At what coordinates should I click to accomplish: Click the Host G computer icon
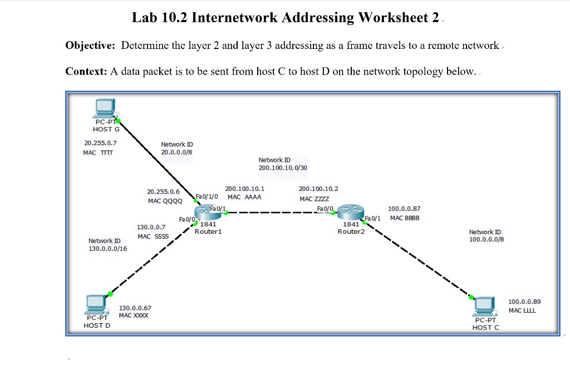104,108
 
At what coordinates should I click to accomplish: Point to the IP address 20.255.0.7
100,143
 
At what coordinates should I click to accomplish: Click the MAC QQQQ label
164,201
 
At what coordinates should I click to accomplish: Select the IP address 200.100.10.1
244,189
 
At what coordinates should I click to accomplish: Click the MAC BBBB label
405,218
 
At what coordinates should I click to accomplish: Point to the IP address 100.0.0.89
524,302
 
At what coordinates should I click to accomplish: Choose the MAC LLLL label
522,310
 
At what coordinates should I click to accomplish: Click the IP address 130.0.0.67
135,308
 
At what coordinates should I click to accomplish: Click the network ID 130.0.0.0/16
108,249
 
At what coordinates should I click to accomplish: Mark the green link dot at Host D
110,293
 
